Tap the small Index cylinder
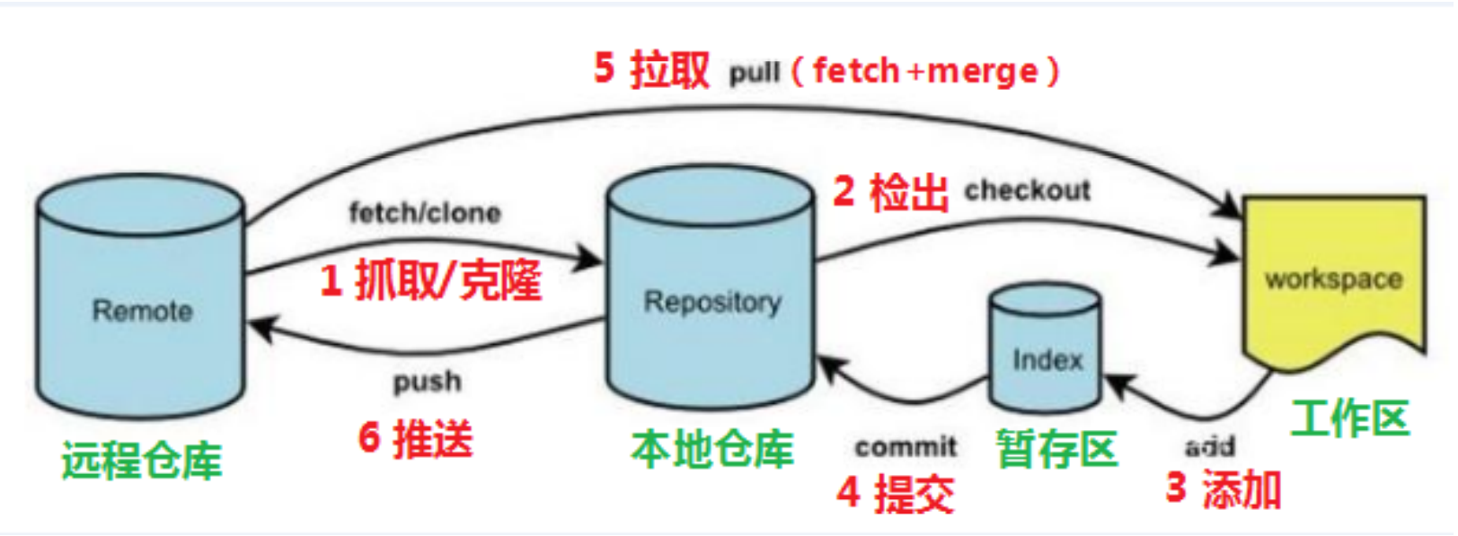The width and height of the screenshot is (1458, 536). [1046, 350]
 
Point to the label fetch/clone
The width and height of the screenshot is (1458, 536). [424, 213]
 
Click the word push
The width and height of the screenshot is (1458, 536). [428, 382]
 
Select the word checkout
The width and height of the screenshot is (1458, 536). [1027, 190]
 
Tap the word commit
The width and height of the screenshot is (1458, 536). [906, 446]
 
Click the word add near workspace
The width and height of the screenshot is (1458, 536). [1209, 446]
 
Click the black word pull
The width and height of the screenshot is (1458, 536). [754, 73]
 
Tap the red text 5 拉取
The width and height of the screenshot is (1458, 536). [652, 69]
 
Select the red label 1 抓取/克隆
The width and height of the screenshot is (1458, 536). [431, 279]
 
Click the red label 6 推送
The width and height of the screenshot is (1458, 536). [415, 438]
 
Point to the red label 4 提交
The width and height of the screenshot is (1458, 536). [895, 493]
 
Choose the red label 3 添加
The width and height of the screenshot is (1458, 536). [1223, 489]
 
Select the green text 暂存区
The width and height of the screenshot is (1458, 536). [1056, 449]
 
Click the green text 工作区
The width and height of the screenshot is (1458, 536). [1349, 418]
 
